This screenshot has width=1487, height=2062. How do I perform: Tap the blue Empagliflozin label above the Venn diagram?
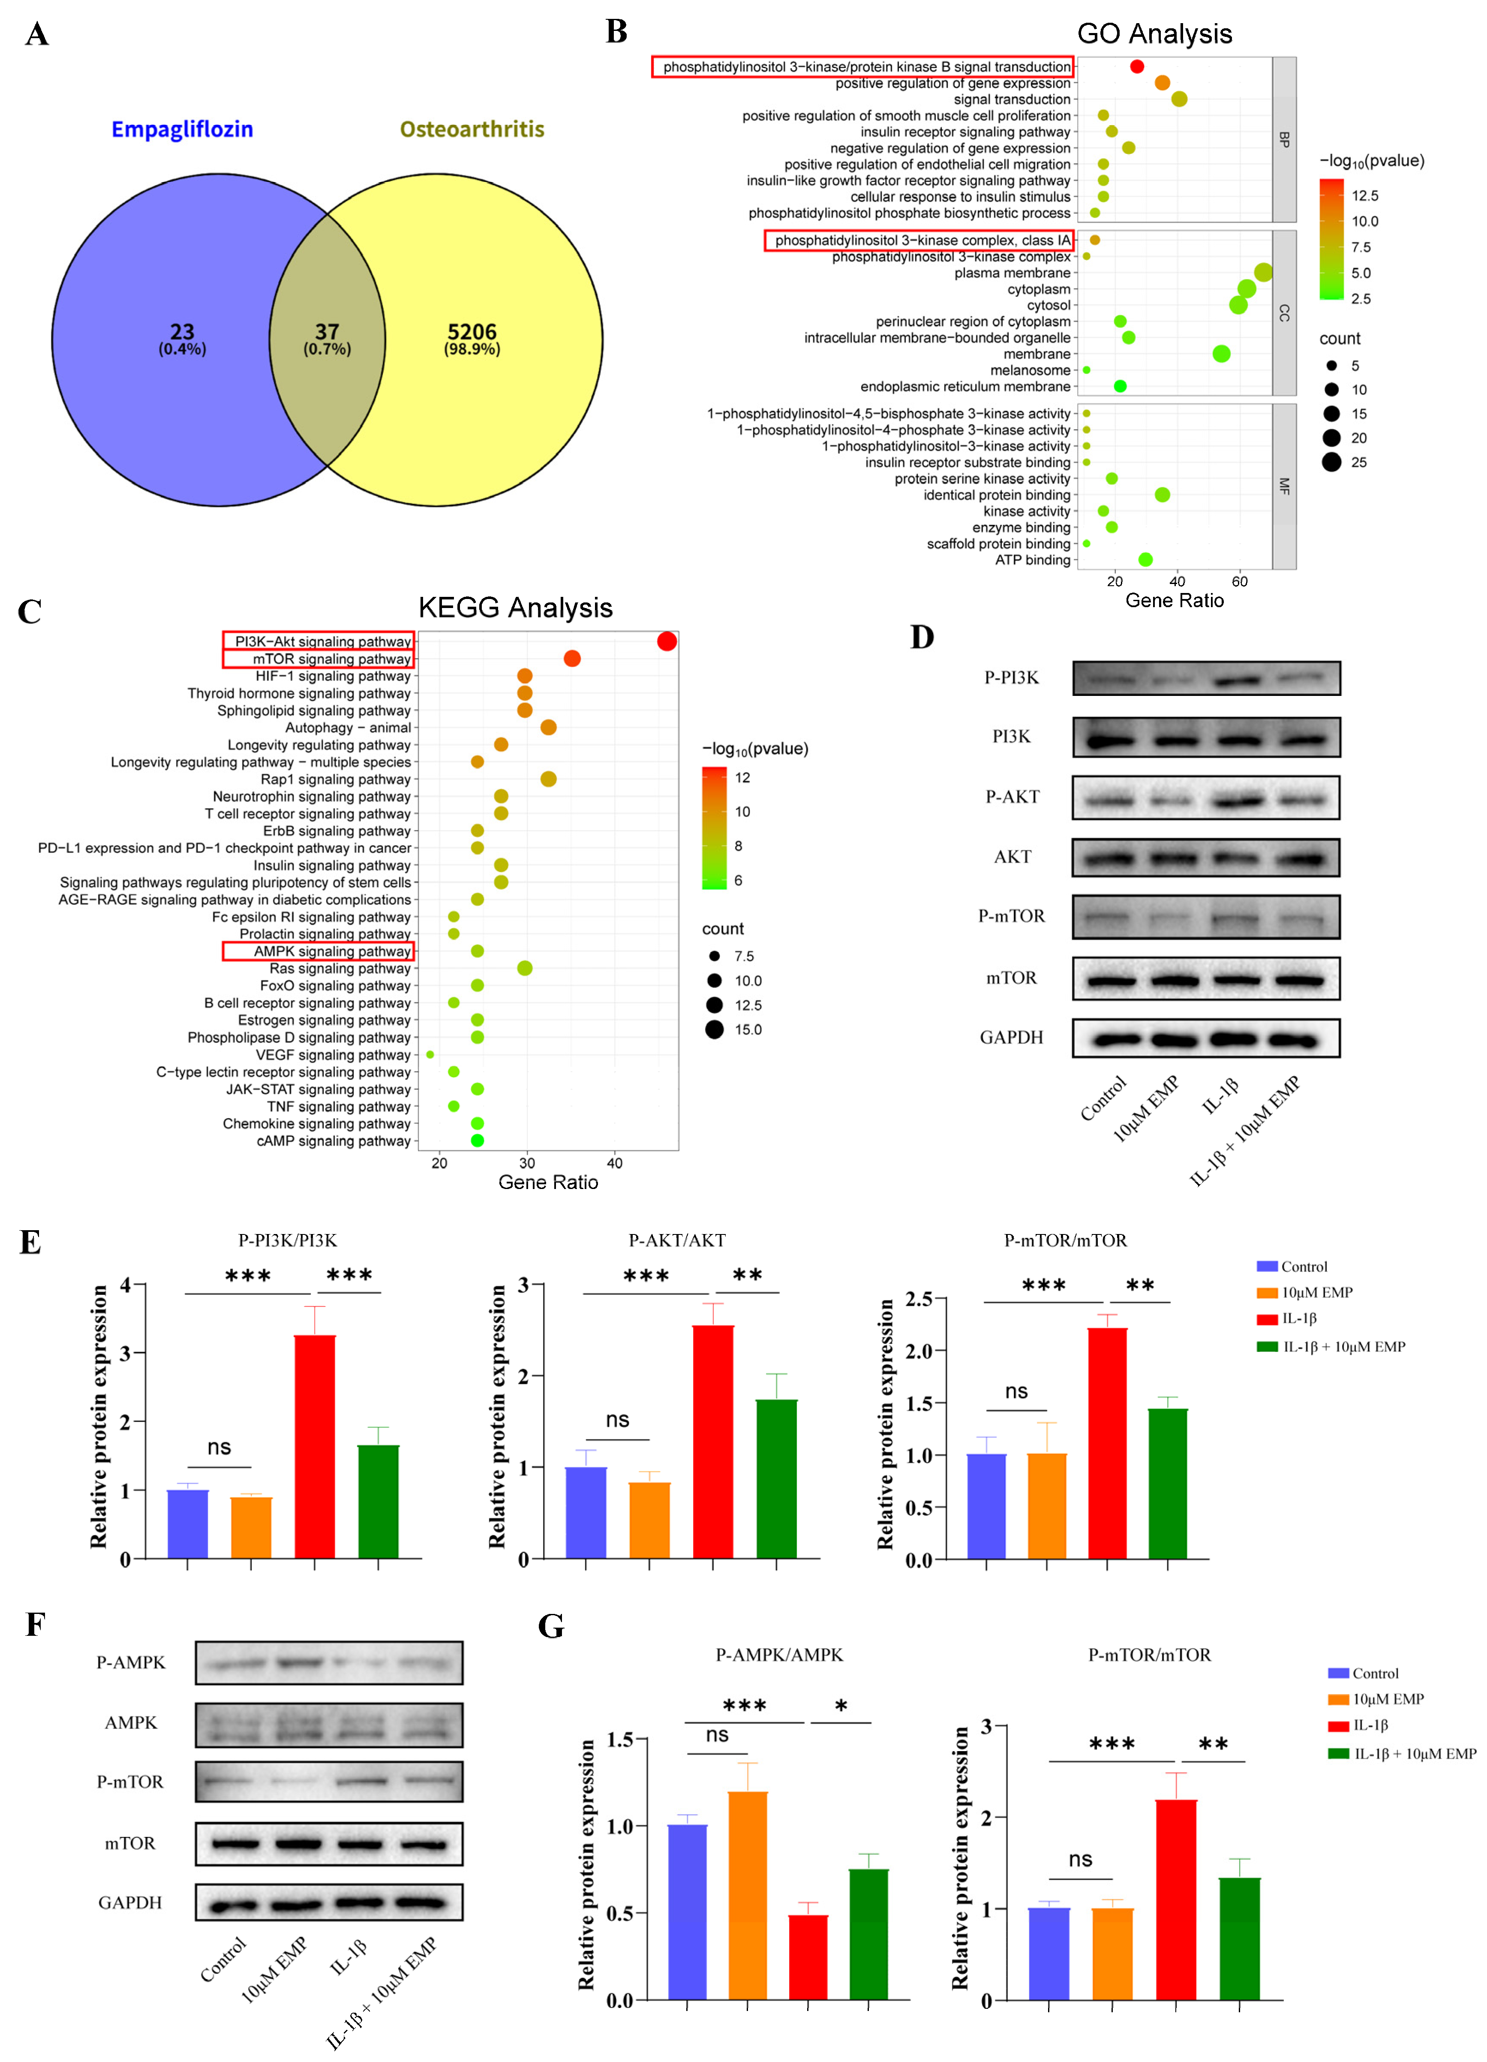pyautogui.click(x=182, y=129)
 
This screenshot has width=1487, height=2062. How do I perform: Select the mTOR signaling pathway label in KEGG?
pyautogui.click(x=332, y=659)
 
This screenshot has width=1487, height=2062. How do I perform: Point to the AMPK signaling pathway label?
pyautogui.click(x=332, y=951)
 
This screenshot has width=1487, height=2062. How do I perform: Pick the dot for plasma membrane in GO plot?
pyautogui.click(x=1262, y=273)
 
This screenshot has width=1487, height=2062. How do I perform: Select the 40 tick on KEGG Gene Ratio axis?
pyautogui.click(x=614, y=1163)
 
